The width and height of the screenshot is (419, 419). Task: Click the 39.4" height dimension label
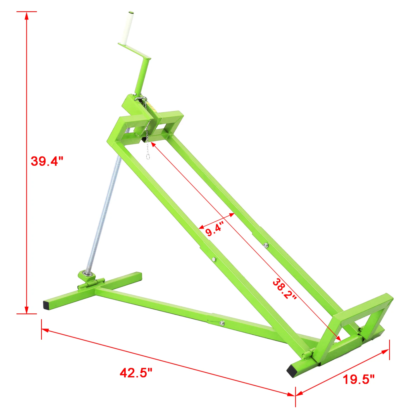pos(47,161)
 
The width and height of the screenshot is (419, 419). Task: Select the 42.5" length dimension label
pos(136,373)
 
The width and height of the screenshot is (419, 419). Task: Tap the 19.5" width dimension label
pos(358,379)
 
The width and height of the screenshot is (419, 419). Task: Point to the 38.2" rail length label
pos(284,289)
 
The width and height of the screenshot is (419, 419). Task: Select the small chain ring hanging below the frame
pos(148,156)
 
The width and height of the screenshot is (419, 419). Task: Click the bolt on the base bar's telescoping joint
pos(222,323)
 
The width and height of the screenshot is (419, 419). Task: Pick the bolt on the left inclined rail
pos(214,260)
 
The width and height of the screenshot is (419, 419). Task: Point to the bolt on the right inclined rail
pos(266,245)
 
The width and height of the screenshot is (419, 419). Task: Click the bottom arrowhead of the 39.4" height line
pos(27,310)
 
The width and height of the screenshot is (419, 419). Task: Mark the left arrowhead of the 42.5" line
pos(45,330)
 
